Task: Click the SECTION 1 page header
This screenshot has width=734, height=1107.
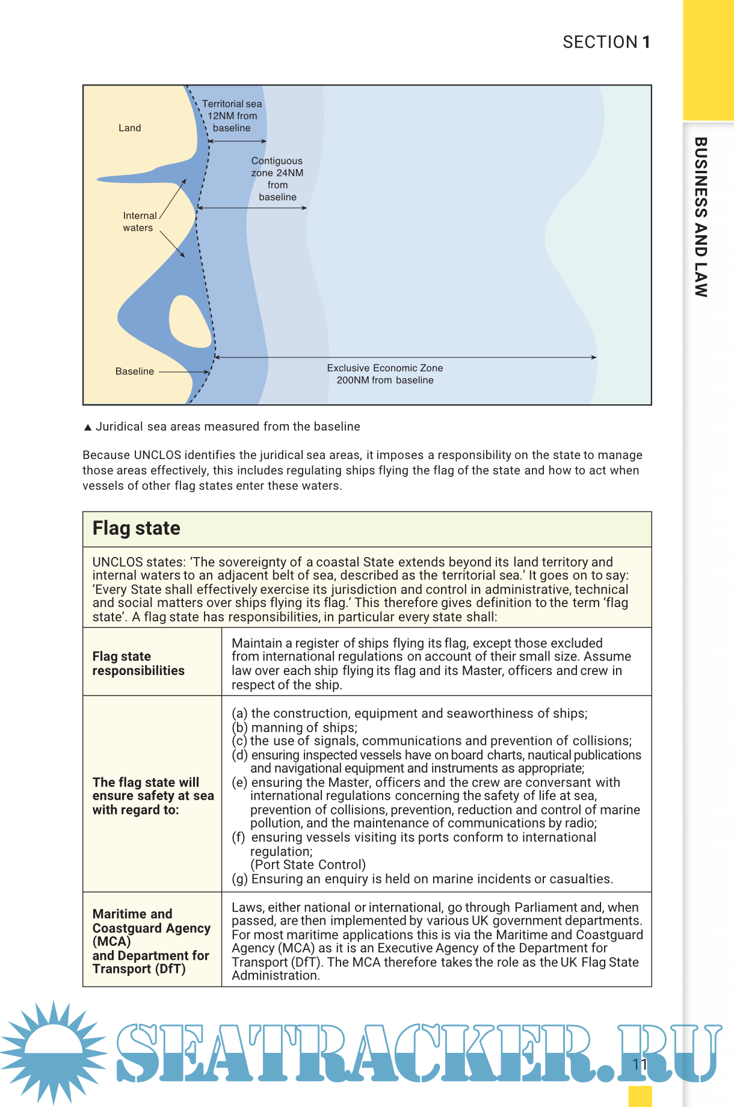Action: [606, 42]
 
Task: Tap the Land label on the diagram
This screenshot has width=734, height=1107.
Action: [130, 128]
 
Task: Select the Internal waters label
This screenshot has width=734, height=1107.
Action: [139, 221]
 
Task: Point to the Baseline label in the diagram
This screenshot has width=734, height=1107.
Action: [135, 372]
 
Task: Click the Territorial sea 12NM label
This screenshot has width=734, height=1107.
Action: [232, 116]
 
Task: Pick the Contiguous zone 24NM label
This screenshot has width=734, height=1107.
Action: [277, 179]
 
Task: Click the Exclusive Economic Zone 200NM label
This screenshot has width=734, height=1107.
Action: [385, 374]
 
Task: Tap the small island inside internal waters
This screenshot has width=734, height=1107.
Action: [190, 321]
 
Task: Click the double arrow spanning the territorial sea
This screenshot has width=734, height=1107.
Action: [238, 141]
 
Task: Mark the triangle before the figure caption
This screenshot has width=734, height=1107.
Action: [88, 427]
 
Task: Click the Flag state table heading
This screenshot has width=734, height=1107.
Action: [137, 528]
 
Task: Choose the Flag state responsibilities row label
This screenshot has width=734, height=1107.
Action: [138, 664]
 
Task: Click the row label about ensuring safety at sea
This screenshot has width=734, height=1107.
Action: [153, 796]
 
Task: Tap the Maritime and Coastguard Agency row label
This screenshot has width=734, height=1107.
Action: [151, 941]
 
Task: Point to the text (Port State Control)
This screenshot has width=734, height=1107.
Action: [308, 865]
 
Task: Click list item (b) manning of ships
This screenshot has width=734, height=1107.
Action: [295, 727]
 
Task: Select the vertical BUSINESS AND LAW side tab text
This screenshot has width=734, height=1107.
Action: [701, 217]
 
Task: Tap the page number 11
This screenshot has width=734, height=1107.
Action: [640, 1065]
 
